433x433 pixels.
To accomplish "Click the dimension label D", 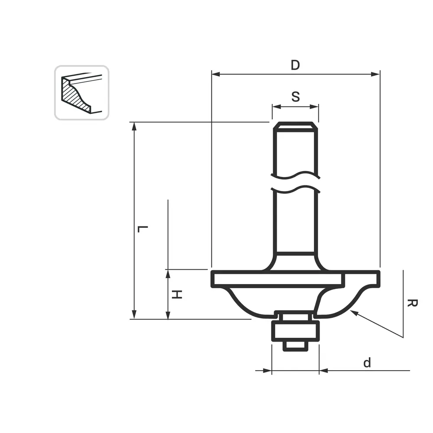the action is [x=295, y=65].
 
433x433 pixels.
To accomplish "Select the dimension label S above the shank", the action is [x=295, y=97].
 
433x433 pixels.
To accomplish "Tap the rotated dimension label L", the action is [x=143, y=229].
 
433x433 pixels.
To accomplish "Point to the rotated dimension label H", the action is [x=177, y=294].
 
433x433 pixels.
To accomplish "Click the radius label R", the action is [x=412, y=303].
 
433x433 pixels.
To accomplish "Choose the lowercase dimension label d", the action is [x=367, y=362].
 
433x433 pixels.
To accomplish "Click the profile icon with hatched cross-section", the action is [x=82, y=93].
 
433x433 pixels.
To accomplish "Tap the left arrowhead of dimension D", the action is [x=216, y=74].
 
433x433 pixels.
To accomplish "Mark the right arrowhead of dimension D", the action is [x=375, y=74].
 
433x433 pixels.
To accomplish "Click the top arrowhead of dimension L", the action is [x=134, y=126].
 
